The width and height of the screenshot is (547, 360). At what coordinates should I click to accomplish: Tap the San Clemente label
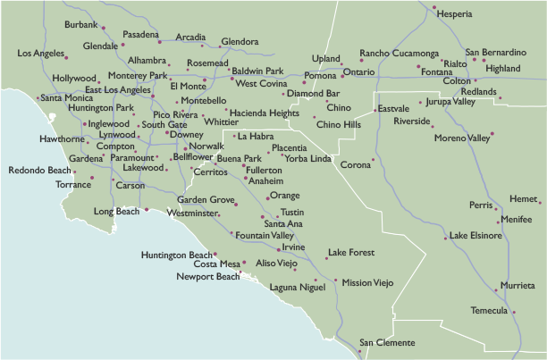pyautogui.click(x=387, y=343)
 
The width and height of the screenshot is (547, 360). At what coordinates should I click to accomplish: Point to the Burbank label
pyautogui.click(x=81, y=23)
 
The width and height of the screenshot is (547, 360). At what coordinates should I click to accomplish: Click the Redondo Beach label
pyautogui.click(x=39, y=170)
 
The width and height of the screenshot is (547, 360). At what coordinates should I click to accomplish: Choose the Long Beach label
pyautogui.click(x=116, y=212)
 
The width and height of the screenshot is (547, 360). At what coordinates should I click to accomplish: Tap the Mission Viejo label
pyautogui.click(x=367, y=282)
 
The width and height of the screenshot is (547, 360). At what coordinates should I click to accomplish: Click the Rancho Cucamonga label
pyautogui.click(x=399, y=54)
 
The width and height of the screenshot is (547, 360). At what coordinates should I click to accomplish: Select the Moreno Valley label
pyautogui.click(x=462, y=138)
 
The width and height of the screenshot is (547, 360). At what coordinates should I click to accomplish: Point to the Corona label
pyautogui.click(x=355, y=165)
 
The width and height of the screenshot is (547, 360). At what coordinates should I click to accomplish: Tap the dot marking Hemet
pyautogui.click(x=540, y=201)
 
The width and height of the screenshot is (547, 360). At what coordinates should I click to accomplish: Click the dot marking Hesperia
pyautogui.click(x=434, y=9)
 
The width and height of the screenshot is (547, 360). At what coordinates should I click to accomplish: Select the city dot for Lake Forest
pyautogui.click(x=326, y=258)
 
